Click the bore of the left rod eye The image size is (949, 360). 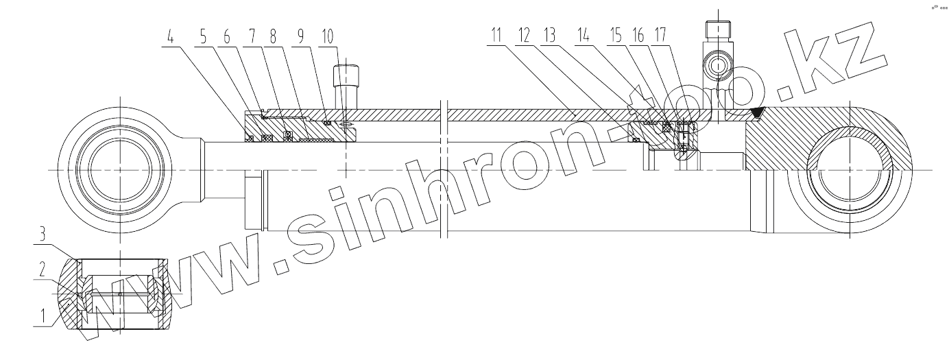[121, 169]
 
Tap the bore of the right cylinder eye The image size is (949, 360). [850, 169]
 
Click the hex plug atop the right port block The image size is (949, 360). [717, 30]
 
